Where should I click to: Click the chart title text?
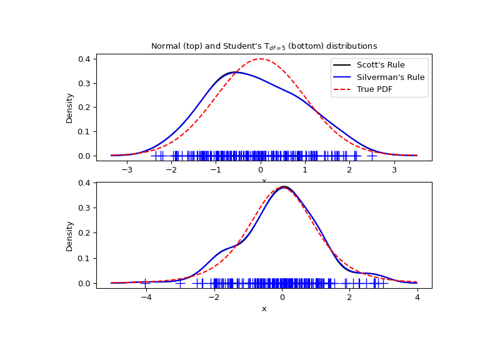point(264,46)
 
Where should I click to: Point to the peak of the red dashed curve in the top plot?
point(261,59)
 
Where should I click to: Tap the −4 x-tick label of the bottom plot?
point(146,298)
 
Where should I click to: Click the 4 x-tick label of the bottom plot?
point(417,298)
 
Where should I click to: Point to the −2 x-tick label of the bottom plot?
point(214,298)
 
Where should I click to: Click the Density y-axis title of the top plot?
point(69,107)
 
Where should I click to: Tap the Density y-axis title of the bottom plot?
point(69,236)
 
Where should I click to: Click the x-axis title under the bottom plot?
point(264,309)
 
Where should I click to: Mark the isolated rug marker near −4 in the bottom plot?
point(146,283)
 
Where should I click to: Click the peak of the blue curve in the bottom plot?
point(284,187)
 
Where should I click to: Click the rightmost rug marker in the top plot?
point(372,156)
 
